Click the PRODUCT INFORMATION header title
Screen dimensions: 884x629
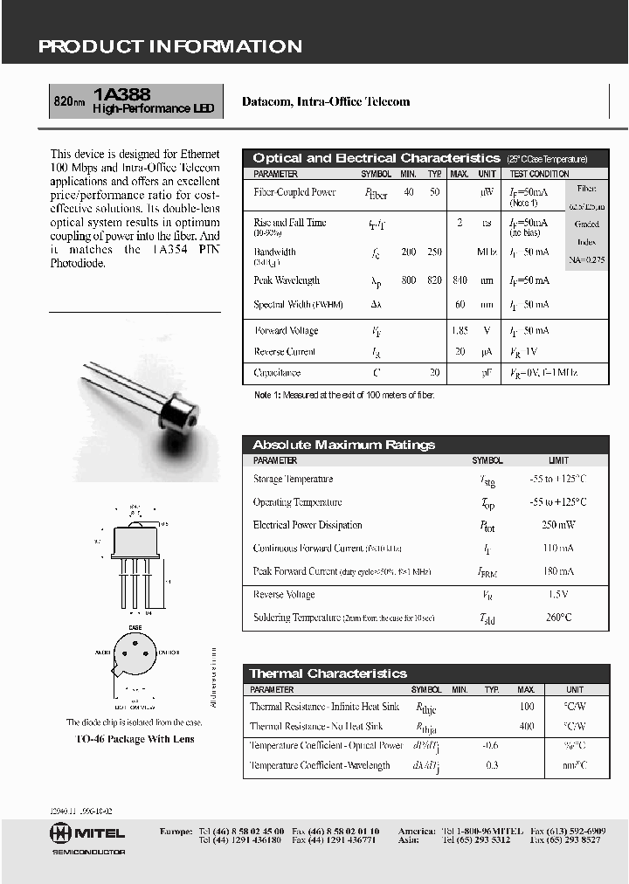(x=170, y=47)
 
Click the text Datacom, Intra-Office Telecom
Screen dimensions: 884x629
(x=325, y=101)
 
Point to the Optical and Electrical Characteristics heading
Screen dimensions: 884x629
(x=376, y=158)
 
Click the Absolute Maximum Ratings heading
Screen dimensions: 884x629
(x=343, y=445)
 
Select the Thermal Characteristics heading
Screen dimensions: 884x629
(x=328, y=673)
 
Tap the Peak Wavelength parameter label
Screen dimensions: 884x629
(x=287, y=280)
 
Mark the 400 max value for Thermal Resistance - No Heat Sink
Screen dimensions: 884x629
(x=526, y=726)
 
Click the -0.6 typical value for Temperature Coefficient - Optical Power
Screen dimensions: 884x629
(x=491, y=746)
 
